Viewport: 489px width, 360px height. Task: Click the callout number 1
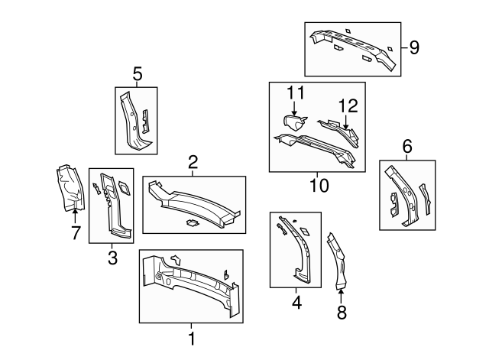point(192,339)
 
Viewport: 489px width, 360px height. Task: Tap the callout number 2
point(193,162)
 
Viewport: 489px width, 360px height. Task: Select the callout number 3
point(112,258)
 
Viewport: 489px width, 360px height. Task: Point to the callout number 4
point(297,302)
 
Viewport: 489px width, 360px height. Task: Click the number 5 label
point(138,74)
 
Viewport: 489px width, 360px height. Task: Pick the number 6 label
point(407,146)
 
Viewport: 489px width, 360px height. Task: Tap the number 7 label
point(76,232)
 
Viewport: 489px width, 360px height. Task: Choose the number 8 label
point(342,313)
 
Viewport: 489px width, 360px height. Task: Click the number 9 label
point(414,47)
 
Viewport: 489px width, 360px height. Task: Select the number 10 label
point(319,186)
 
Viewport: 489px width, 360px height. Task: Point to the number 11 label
point(296,92)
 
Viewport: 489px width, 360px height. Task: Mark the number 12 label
point(348,106)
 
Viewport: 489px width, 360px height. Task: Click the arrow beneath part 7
point(75,216)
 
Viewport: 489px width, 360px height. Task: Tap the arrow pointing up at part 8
point(341,296)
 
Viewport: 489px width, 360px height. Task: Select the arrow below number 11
point(294,109)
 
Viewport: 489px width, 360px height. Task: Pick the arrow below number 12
point(345,122)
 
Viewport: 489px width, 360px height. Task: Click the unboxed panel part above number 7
point(70,188)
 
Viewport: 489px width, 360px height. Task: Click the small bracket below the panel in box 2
point(193,222)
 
